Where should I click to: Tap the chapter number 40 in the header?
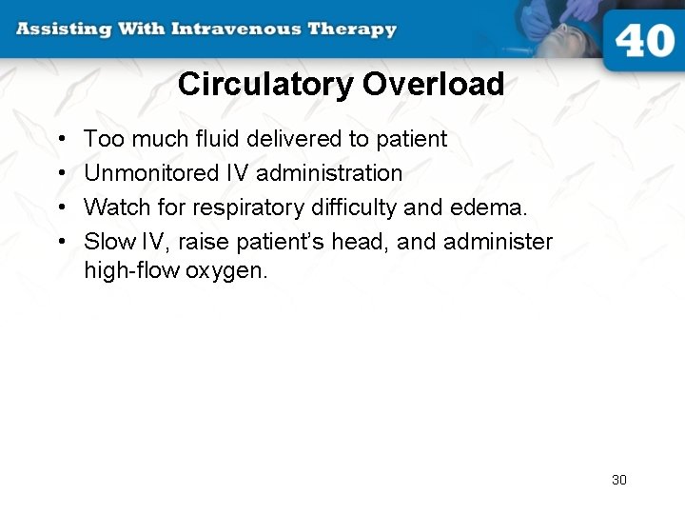(x=644, y=41)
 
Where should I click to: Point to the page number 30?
(x=619, y=480)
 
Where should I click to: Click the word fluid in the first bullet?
(x=219, y=139)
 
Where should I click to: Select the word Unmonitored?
(x=138, y=173)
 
